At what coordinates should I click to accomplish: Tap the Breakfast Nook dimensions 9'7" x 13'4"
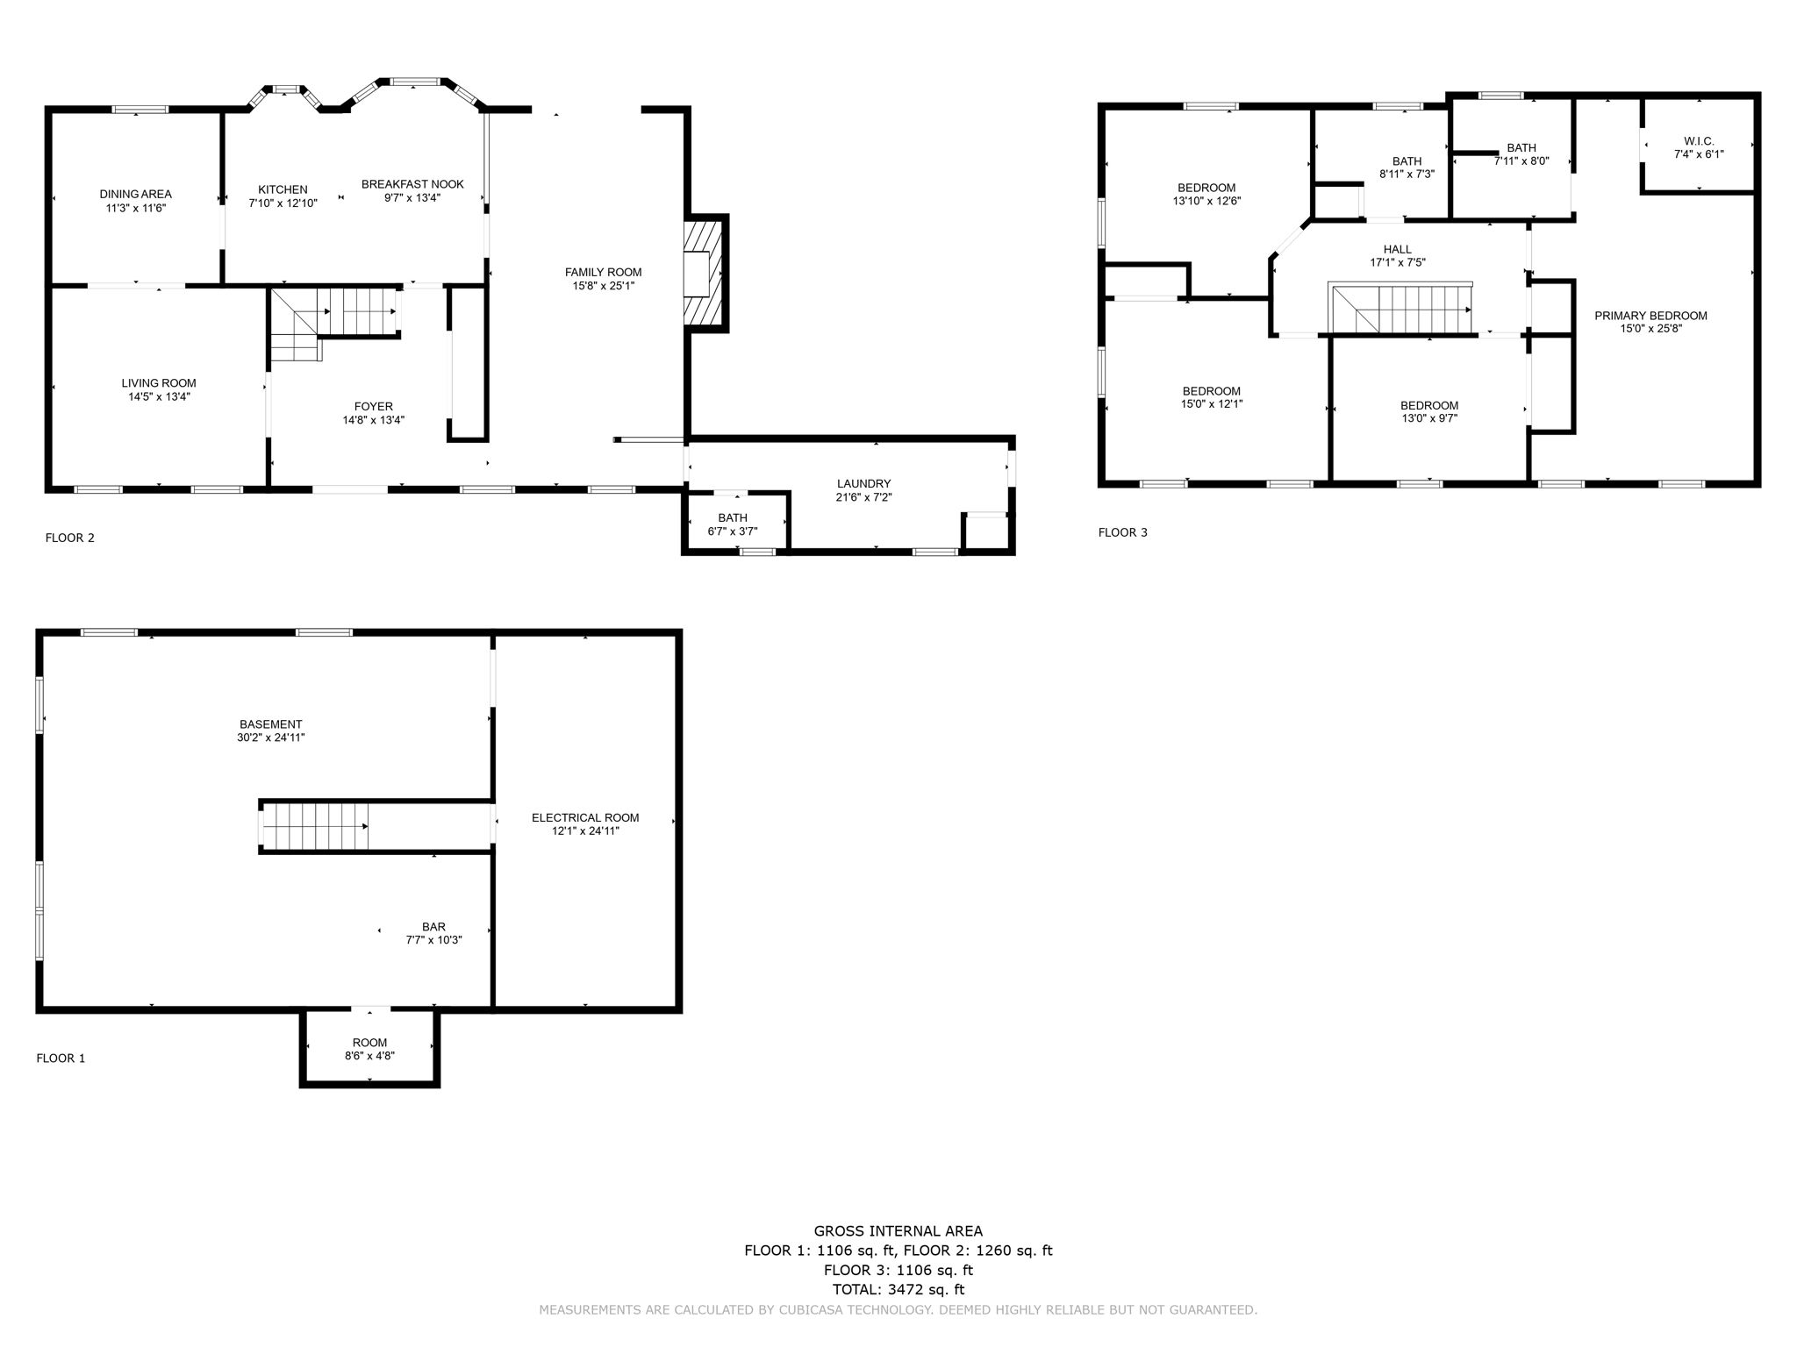pos(412,197)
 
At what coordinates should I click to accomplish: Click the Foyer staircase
pos(333,324)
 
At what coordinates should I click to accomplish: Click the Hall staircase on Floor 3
pos(1400,309)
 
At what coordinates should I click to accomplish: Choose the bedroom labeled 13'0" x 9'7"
pos(1429,411)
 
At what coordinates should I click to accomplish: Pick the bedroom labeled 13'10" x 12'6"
pos(1206,194)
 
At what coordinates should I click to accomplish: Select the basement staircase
pos(314,826)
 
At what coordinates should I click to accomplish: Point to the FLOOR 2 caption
pos(69,538)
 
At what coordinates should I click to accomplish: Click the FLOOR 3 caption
pos(1122,532)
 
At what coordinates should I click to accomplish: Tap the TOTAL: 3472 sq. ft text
pos(898,1289)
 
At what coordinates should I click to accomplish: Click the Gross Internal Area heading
pos(898,1230)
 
